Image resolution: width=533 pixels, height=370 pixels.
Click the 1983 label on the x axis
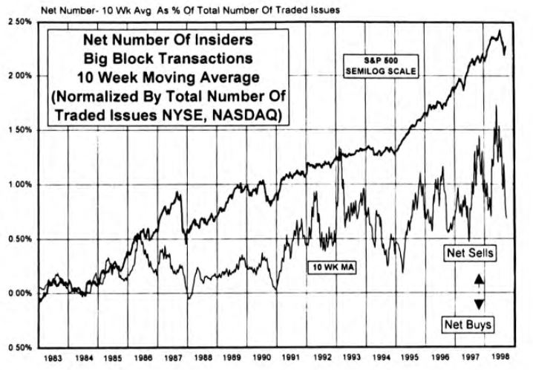(53, 359)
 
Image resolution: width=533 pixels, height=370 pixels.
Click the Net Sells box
(470, 252)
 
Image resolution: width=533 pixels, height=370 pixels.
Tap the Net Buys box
(469, 324)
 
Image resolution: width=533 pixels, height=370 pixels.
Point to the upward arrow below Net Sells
(479, 279)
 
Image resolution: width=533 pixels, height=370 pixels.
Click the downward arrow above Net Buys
(479, 303)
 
